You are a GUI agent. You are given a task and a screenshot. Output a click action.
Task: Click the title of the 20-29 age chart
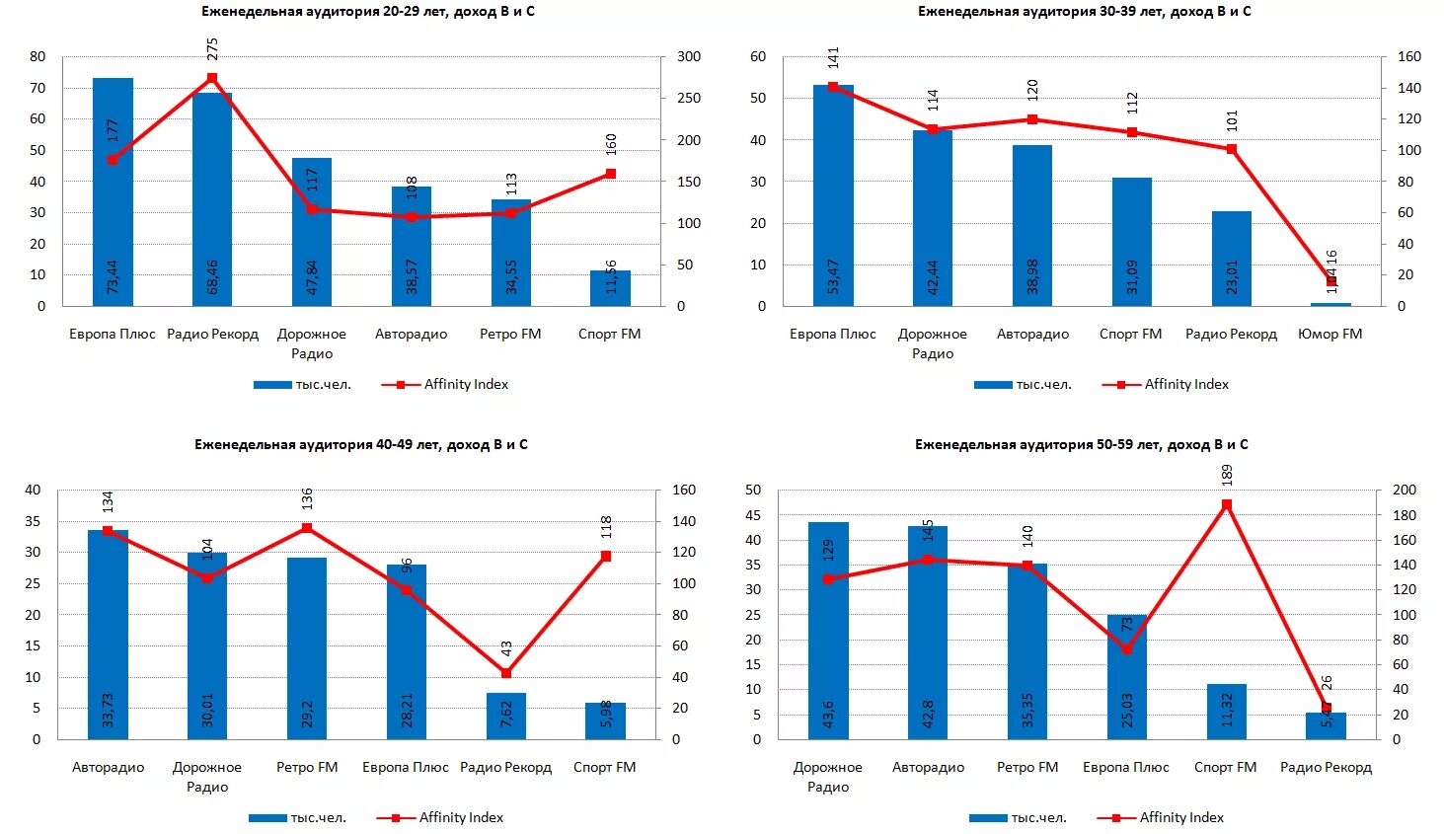pyautogui.click(x=367, y=12)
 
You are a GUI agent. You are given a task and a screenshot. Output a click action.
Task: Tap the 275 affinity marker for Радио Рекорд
pyautogui.click(x=212, y=78)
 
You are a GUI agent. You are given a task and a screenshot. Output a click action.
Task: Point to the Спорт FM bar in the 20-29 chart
pyautogui.click(x=610, y=288)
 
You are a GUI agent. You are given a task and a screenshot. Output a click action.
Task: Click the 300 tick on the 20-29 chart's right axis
pyautogui.click(x=689, y=57)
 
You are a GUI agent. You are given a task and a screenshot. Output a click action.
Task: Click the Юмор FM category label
pyautogui.click(x=1330, y=334)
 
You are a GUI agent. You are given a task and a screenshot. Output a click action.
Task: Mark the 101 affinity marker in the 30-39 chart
pyautogui.click(x=1231, y=149)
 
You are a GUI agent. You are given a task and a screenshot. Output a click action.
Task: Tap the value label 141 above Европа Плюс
pyautogui.click(x=833, y=57)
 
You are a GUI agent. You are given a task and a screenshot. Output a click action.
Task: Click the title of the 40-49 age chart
pyautogui.click(x=360, y=445)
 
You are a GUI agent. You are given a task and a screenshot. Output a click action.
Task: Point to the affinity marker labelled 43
pyautogui.click(x=506, y=673)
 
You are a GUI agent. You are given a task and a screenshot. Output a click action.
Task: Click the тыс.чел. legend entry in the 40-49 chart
pyautogui.click(x=297, y=817)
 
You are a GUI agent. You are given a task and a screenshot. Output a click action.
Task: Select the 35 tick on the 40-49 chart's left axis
pyautogui.click(x=34, y=521)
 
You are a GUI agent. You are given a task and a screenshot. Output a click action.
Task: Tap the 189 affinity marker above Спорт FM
pyautogui.click(x=1227, y=505)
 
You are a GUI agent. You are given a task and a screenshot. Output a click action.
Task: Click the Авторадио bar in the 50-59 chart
pyautogui.click(x=928, y=632)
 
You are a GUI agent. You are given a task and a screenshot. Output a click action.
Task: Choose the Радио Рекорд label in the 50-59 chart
pyautogui.click(x=1326, y=767)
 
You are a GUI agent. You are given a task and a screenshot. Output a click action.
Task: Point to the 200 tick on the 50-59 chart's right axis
pyautogui.click(x=1405, y=491)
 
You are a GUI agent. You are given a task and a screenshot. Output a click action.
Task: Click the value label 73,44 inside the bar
pyautogui.click(x=113, y=276)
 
